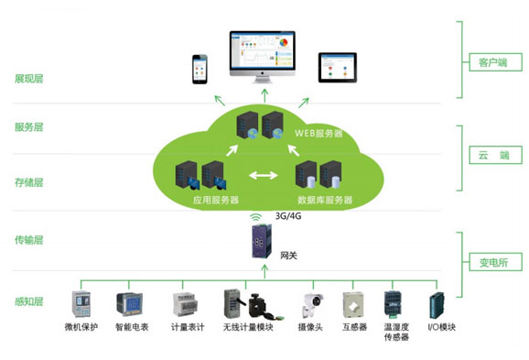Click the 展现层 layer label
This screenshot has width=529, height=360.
coord(29,79)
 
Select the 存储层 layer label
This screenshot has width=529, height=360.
coord(29,182)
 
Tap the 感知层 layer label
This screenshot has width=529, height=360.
coord(29,301)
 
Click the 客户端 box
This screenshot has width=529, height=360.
coord(496,62)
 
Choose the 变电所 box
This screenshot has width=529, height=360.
coord(496,262)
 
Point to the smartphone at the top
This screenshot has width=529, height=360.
coord(200,70)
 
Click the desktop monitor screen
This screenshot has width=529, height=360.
coord(263,50)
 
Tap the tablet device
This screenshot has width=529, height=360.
coord(338,68)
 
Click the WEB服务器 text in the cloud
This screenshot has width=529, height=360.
coord(318,133)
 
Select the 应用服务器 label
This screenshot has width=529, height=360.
coord(216,200)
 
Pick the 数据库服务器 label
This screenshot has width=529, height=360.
coord(325,200)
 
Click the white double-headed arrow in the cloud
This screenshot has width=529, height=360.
coord(264,175)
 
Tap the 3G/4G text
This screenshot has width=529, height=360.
coord(288,216)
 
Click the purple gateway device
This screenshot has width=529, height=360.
coord(262,241)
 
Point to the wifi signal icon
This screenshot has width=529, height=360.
coord(256,216)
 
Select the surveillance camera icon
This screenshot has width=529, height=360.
coord(312,306)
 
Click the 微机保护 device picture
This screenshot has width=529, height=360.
coord(81,303)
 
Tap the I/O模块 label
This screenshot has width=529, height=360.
coord(442,327)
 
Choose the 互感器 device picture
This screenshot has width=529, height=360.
coord(353,305)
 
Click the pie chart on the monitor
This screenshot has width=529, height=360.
coord(284,43)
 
